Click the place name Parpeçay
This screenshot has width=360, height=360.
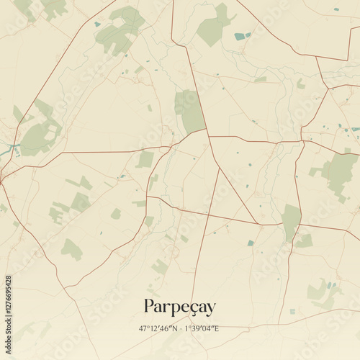point(179,307)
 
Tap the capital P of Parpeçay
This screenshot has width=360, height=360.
point(150,306)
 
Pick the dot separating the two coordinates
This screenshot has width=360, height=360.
point(180,329)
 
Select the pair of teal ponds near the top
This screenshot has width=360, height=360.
point(242,35)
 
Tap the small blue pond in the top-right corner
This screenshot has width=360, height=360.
point(336,9)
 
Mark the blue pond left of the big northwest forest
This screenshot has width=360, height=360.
point(97,24)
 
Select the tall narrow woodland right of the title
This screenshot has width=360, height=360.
point(291,220)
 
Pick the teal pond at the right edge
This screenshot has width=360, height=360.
point(355,130)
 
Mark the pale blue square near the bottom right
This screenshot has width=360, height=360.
point(292,311)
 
